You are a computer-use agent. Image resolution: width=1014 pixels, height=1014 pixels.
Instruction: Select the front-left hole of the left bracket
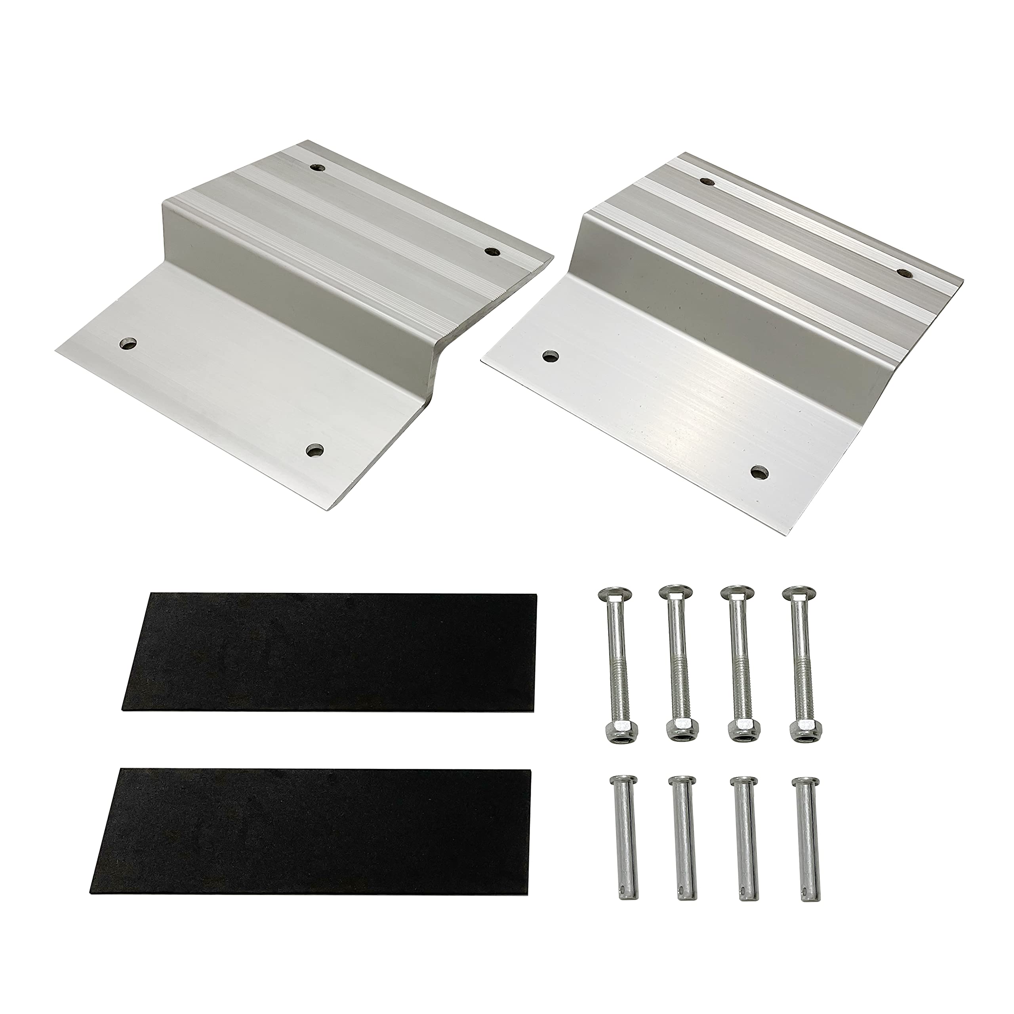point(127,344)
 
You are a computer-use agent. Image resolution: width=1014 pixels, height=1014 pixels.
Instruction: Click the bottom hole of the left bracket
point(315,450)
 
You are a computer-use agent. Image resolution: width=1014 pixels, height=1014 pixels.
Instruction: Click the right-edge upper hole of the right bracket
point(904,273)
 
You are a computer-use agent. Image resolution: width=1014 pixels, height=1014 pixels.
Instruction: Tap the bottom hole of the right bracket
point(758,472)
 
